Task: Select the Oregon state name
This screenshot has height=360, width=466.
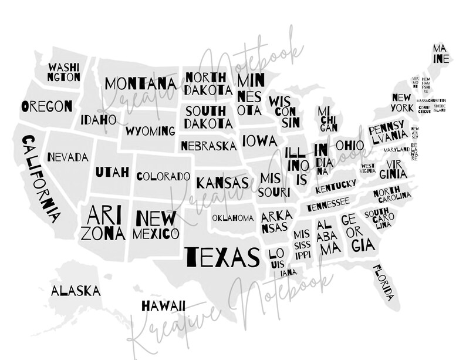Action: [x=47, y=106]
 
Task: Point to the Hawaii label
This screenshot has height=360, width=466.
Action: [x=164, y=305]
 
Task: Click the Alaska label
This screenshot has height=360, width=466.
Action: [x=75, y=291]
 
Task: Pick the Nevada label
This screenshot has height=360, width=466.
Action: [x=68, y=157]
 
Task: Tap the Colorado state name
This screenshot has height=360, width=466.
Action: [x=163, y=176]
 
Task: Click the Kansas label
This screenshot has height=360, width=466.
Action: [x=222, y=183]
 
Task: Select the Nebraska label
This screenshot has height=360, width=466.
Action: [x=209, y=146]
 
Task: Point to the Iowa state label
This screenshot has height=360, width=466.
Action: [x=259, y=141]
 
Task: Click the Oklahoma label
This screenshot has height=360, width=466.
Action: [x=233, y=218]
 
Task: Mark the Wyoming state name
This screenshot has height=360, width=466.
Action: [x=150, y=130]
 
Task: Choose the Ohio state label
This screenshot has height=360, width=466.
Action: [x=350, y=145]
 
